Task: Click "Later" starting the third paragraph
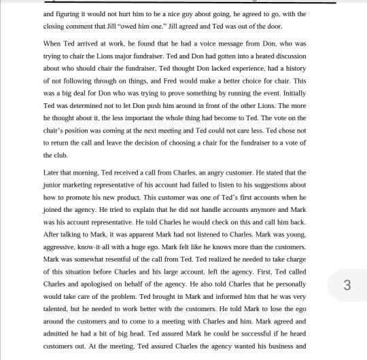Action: tap(53, 173)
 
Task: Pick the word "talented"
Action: tap(58, 308)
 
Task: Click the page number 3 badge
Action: tap(347, 285)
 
